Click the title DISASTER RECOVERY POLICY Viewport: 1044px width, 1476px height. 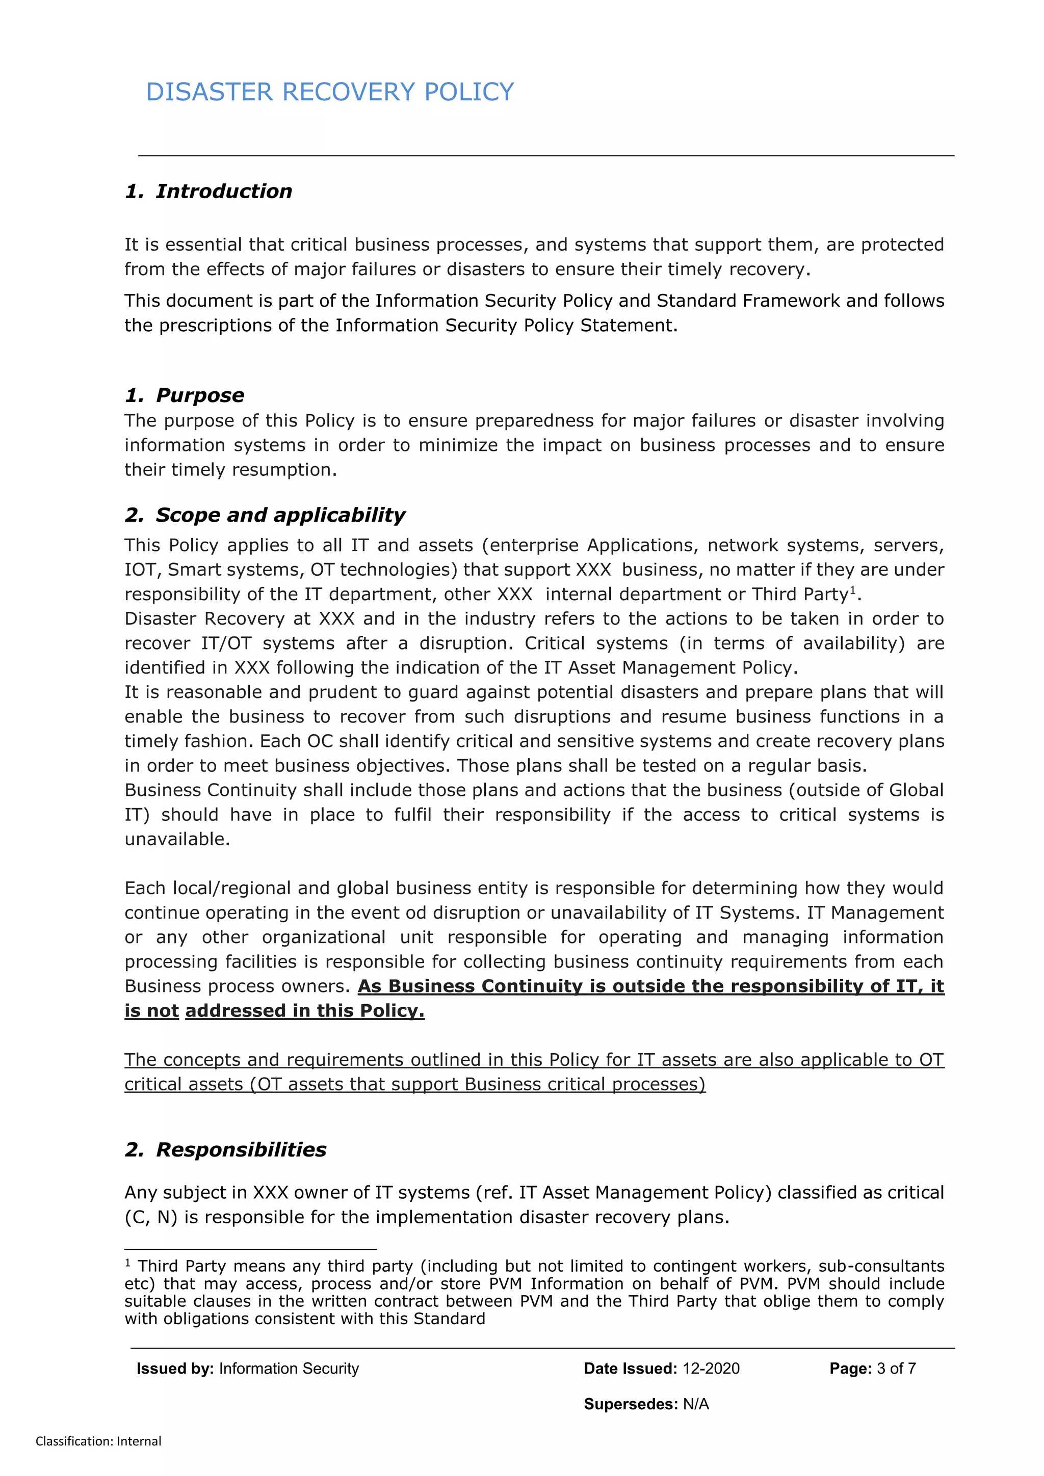(329, 92)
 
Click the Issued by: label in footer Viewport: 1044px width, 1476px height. (175, 1368)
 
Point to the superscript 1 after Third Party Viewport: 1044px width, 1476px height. (853, 589)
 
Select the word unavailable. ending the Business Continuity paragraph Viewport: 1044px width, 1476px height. (177, 839)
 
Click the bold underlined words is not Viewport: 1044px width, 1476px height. (151, 1010)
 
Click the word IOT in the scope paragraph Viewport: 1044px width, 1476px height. (140, 570)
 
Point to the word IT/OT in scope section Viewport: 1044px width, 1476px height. (226, 643)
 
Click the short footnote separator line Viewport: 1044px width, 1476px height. (250, 1248)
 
